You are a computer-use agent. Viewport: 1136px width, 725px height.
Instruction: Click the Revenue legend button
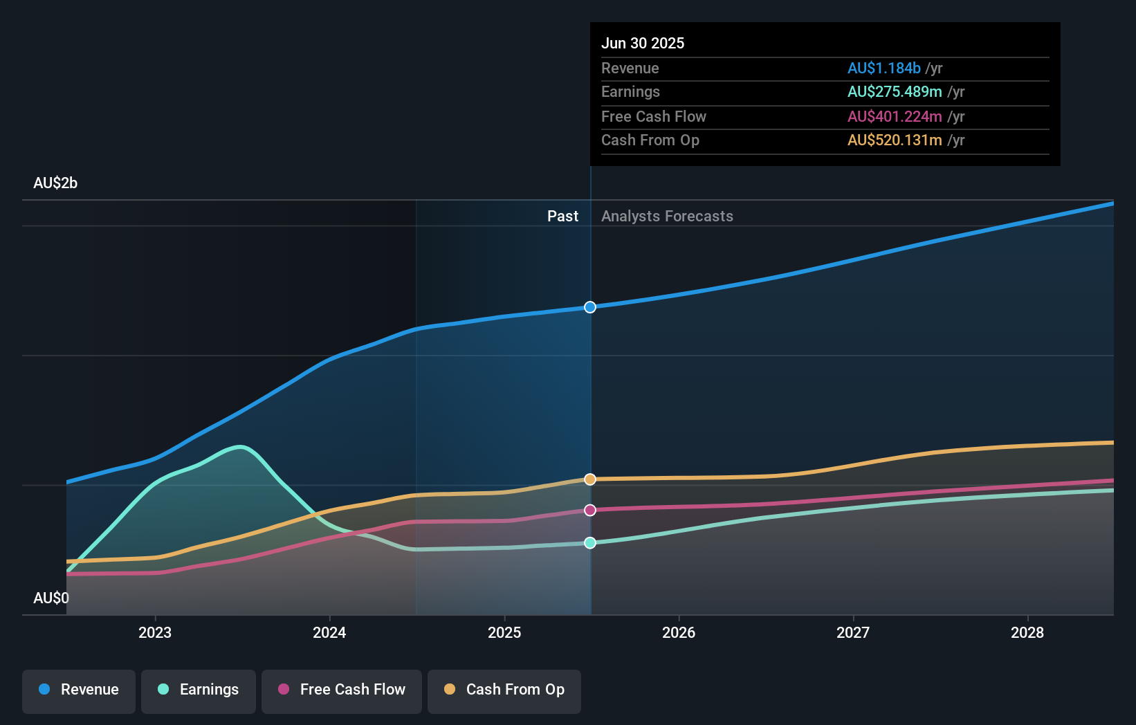[x=79, y=690]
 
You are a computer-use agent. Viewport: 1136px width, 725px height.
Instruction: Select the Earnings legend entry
[x=199, y=690]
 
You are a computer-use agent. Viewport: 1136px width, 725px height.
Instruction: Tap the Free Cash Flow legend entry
[x=342, y=690]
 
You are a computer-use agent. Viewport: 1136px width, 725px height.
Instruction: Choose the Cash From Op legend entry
[x=504, y=690]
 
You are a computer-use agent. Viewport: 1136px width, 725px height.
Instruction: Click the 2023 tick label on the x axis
[x=155, y=633]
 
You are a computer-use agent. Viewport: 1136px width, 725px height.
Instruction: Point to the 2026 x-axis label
[x=679, y=633]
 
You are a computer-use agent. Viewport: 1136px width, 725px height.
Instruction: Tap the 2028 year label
[x=1027, y=633]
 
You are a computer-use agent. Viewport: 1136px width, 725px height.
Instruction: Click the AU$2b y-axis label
[x=55, y=183]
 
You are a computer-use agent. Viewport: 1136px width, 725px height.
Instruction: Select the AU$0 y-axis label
[x=51, y=598]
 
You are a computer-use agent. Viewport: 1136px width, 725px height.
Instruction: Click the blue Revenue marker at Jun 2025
[x=590, y=307]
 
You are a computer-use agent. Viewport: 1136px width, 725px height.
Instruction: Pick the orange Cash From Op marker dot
[x=590, y=479]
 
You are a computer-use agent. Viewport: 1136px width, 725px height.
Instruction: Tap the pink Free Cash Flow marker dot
[x=590, y=511]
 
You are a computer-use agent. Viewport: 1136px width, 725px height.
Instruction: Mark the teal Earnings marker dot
[x=590, y=543]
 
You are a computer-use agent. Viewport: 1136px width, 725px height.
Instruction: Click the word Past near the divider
[x=562, y=217]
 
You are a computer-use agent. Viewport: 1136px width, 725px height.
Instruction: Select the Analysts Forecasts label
[x=667, y=217]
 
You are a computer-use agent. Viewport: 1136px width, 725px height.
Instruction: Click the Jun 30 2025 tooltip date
[x=643, y=44]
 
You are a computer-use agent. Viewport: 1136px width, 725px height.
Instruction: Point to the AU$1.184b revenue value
[x=883, y=68]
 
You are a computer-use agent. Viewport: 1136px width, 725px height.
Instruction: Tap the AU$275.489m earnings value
[x=895, y=92]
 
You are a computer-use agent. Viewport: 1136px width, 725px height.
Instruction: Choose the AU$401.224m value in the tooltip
[x=895, y=117]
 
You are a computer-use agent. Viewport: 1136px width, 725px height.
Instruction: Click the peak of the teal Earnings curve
[x=240, y=447]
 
